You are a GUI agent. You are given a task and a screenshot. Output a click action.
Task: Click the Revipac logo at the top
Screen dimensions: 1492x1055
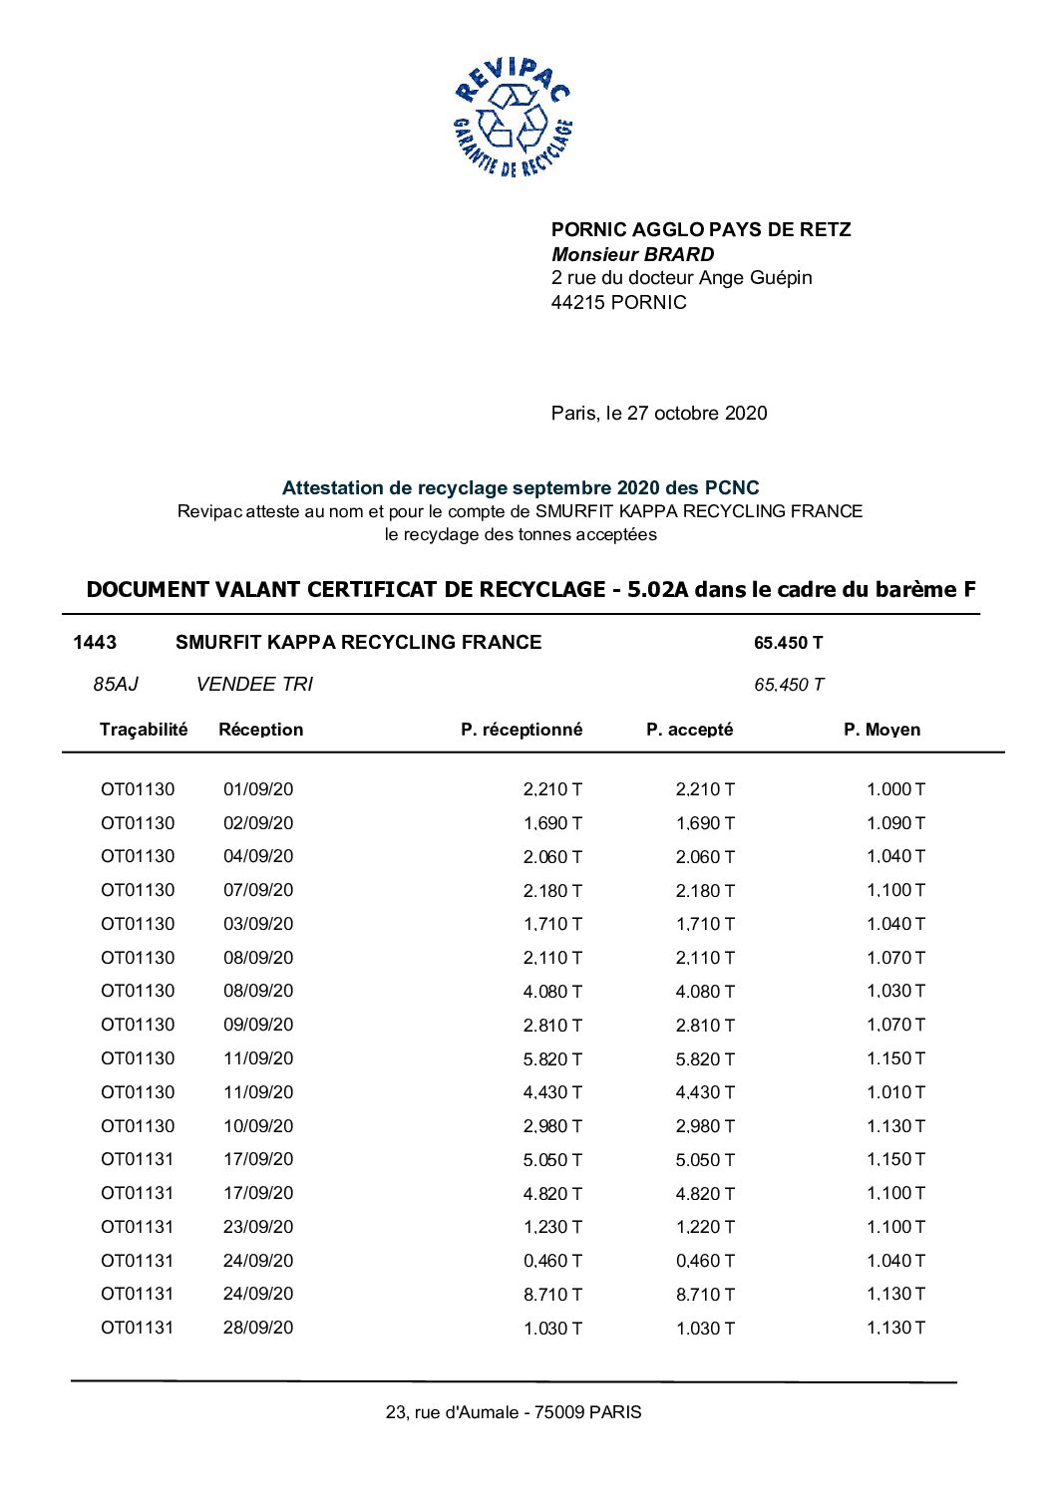click(513, 117)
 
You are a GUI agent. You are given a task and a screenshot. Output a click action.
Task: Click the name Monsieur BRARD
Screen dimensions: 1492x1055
click(632, 254)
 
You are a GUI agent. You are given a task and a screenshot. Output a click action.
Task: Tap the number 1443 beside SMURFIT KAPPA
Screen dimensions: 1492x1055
click(95, 643)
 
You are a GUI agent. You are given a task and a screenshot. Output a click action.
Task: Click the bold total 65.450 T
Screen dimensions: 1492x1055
click(788, 643)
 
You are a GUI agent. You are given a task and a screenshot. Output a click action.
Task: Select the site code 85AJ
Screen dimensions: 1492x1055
click(116, 685)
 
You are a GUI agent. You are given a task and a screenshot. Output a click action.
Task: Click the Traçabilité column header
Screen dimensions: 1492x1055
click(144, 730)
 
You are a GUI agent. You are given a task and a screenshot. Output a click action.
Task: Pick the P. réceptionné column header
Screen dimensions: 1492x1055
click(522, 730)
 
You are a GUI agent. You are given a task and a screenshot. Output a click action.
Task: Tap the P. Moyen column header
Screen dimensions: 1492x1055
click(881, 730)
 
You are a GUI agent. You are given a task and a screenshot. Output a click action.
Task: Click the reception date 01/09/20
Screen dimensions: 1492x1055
click(258, 790)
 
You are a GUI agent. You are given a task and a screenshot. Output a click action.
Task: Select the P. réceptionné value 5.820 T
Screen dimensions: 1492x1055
click(552, 1059)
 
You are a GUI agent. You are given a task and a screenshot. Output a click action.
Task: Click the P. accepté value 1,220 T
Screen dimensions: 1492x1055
click(705, 1228)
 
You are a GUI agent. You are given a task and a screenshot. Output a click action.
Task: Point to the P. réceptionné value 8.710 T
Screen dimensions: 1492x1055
click(552, 1295)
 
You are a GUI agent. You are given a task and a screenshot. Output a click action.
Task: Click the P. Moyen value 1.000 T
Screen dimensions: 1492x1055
click(895, 790)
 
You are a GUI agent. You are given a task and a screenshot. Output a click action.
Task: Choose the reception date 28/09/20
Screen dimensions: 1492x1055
click(258, 1329)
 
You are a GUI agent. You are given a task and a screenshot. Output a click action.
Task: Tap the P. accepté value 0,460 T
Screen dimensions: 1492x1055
click(705, 1262)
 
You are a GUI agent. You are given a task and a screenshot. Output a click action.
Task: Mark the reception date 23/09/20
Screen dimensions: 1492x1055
click(258, 1228)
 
